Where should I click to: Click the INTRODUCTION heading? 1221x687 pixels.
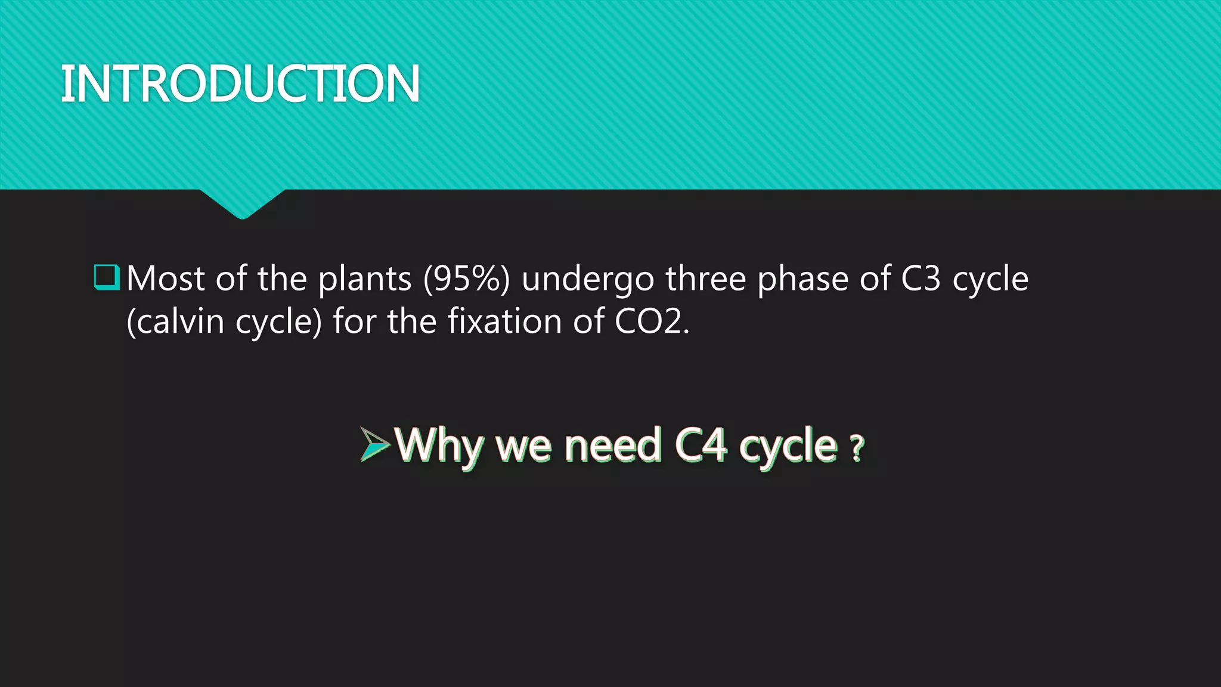coord(240,83)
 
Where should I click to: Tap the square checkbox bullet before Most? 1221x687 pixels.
coord(107,278)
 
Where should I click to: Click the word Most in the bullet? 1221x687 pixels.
coord(166,278)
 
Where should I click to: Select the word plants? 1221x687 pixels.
coord(364,279)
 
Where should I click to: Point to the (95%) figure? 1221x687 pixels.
coord(466,278)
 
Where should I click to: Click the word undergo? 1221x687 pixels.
coord(587,280)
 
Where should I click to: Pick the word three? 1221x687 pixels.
coord(705,278)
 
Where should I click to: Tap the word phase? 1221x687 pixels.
coord(802,279)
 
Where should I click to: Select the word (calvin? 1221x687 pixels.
coord(175,321)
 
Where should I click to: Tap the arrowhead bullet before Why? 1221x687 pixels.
coord(374,444)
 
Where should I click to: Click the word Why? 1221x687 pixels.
coord(439,445)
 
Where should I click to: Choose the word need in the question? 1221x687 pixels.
coord(612,445)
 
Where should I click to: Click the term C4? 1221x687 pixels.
coord(701,445)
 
